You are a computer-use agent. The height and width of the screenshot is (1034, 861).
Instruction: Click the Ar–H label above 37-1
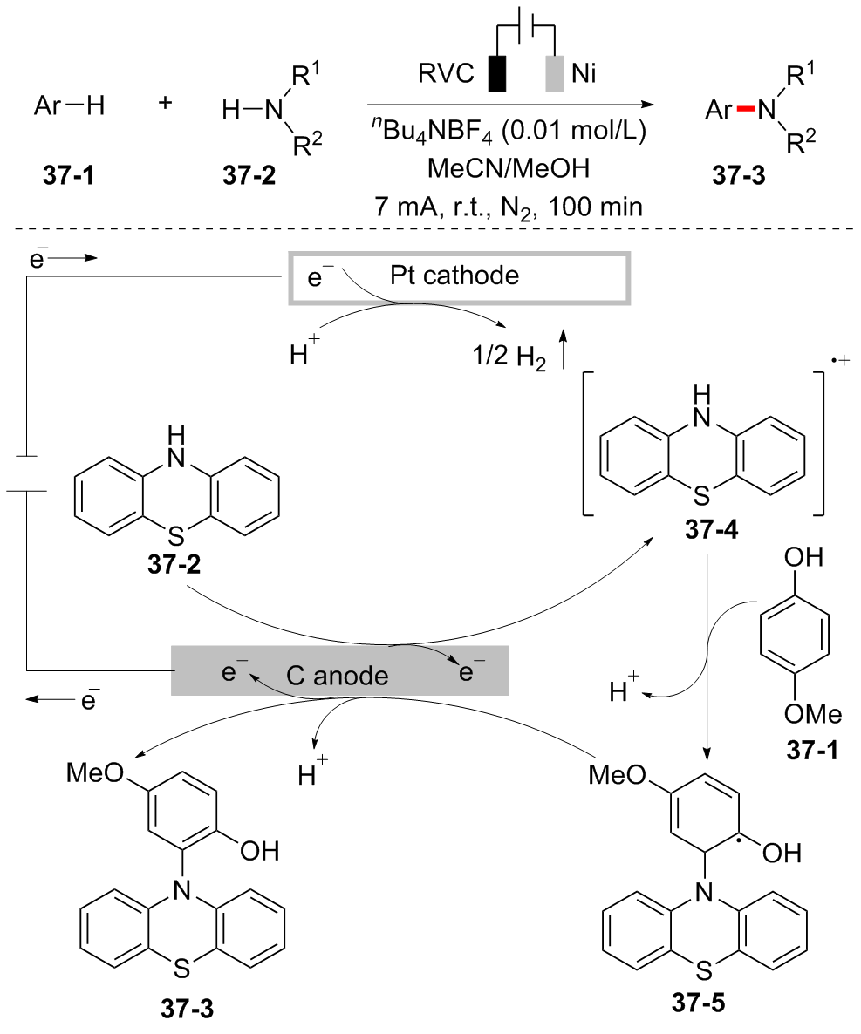tap(69, 107)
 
